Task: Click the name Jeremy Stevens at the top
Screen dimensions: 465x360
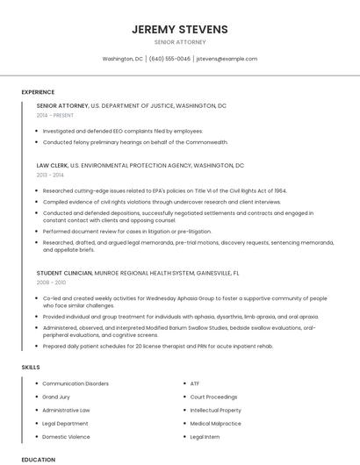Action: tap(180, 29)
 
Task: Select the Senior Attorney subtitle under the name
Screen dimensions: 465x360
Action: tap(180, 41)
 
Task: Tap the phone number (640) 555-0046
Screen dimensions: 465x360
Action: tap(169, 59)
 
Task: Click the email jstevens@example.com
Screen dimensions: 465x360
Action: tap(227, 59)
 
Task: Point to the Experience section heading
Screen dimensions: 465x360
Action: tap(38, 92)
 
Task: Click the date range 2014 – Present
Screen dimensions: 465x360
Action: tap(56, 115)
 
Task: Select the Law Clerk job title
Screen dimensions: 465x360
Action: tap(52, 165)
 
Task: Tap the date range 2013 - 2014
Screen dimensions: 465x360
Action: tap(50, 175)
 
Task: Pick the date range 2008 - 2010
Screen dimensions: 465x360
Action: tap(51, 283)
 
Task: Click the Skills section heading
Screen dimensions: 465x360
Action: tap(31, 366)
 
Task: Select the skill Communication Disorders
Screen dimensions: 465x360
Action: tap(76, 383)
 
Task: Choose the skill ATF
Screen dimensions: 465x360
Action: tap(195, 383)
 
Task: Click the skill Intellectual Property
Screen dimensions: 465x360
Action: tap(215, 410)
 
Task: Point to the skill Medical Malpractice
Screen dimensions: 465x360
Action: tap(215, 423)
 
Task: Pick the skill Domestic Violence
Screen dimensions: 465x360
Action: tap(66, 436)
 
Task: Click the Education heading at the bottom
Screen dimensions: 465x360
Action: tap(38, 459)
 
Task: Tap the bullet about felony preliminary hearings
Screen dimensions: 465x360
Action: tap(135, 141)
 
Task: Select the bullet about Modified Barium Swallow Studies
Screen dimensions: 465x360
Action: tap(179, 331)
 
